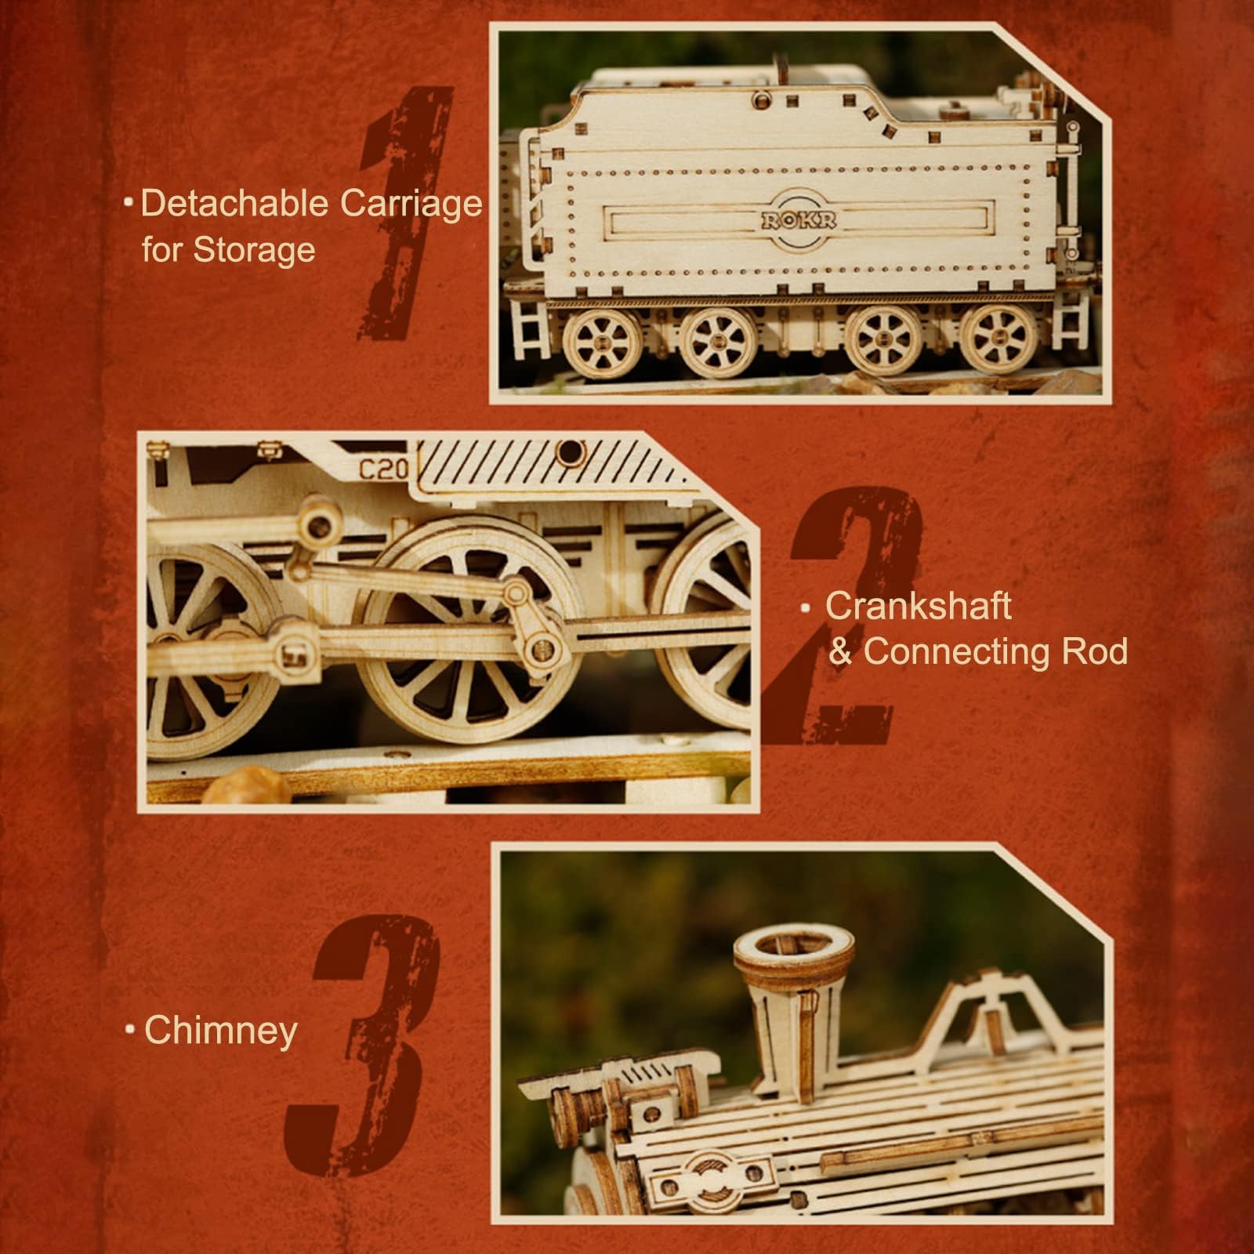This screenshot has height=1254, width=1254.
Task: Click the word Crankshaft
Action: point(918,607)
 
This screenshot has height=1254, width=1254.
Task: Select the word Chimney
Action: point(221,1031)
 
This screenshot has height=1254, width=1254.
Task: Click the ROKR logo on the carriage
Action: point(797,220)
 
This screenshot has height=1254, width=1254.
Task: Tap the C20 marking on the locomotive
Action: point(384,469)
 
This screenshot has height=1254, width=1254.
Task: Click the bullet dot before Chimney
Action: point(131,1031)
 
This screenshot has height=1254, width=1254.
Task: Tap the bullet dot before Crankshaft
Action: point(805,607)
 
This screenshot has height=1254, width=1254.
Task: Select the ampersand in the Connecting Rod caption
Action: point(840,652)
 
